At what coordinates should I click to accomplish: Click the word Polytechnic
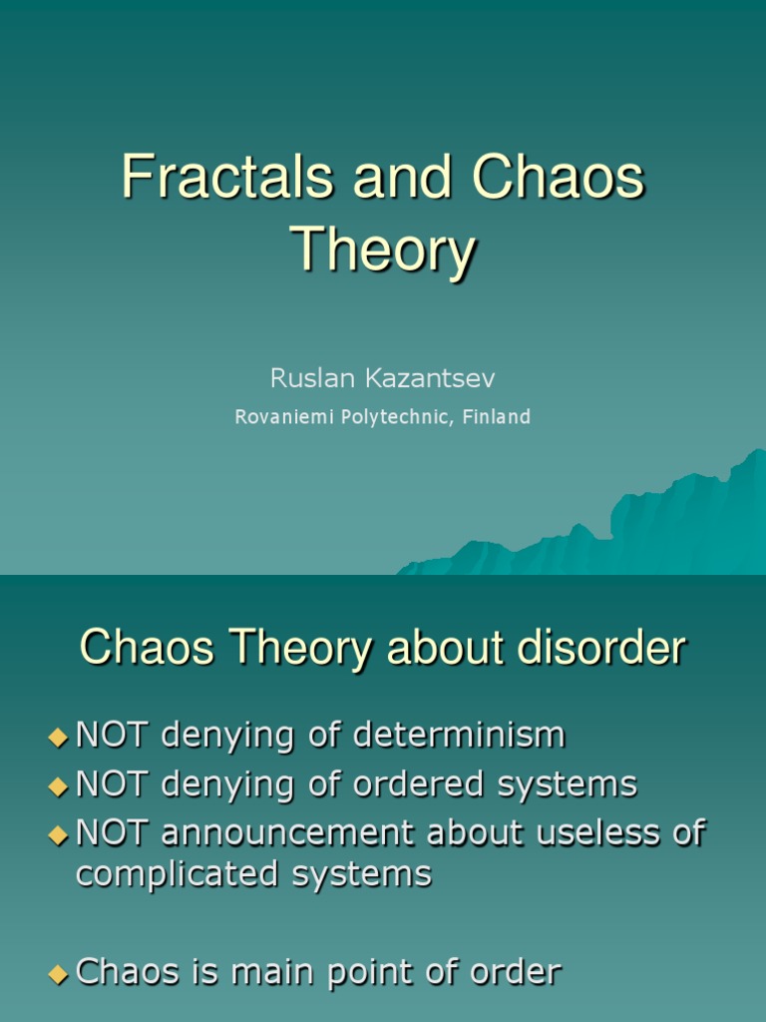point(394,417)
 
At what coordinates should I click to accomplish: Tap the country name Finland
point(496,417)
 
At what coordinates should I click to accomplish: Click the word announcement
point(281,832)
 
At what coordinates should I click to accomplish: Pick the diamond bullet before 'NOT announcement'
point(57,834)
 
